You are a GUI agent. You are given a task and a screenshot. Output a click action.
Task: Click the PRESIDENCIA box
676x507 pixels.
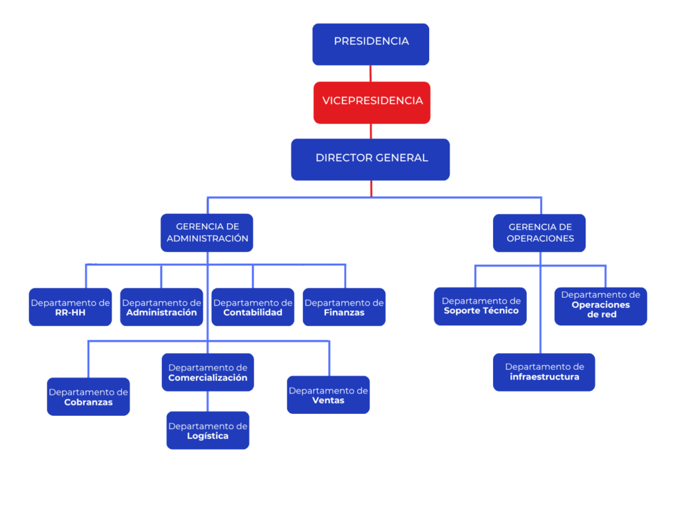click(370, 44)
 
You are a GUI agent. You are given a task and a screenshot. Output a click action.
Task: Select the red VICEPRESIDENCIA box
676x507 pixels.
click(372, 102)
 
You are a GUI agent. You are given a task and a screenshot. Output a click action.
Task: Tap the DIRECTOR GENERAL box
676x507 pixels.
click(370, 159)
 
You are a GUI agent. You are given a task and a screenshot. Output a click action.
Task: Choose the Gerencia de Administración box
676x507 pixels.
click(207, 232)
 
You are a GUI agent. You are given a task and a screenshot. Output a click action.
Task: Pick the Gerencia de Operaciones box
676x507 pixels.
click(539, 232)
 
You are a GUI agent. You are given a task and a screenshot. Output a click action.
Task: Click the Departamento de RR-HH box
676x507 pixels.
click(70, 307)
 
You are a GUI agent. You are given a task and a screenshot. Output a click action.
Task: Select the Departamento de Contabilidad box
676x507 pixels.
click(252, 307)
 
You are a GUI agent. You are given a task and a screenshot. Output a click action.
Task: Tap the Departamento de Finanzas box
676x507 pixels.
click(344, 307)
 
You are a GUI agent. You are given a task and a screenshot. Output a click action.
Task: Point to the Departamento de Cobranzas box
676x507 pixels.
click(88, 396)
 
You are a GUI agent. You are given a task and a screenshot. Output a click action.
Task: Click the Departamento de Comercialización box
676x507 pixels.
click(208, 372)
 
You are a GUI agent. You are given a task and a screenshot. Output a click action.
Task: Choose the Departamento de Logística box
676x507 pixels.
click(208, 430)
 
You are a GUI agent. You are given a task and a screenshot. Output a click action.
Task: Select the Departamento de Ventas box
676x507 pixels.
click(328, 395)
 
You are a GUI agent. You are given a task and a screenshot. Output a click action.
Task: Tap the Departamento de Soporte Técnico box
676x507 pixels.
click(481, 306)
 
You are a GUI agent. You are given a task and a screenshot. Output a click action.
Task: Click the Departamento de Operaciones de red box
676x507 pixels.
click(601, 306)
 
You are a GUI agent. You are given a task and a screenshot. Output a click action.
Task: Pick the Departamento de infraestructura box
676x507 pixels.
click(544, 372)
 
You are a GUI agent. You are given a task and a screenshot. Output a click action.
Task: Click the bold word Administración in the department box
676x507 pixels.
click(162, 312)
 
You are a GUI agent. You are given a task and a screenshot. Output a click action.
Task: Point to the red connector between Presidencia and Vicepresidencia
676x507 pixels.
click(371, 73)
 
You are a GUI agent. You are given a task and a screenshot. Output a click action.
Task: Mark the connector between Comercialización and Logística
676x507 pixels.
click(208, 401)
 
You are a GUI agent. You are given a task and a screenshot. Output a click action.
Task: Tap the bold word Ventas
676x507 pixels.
click(328, 400)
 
